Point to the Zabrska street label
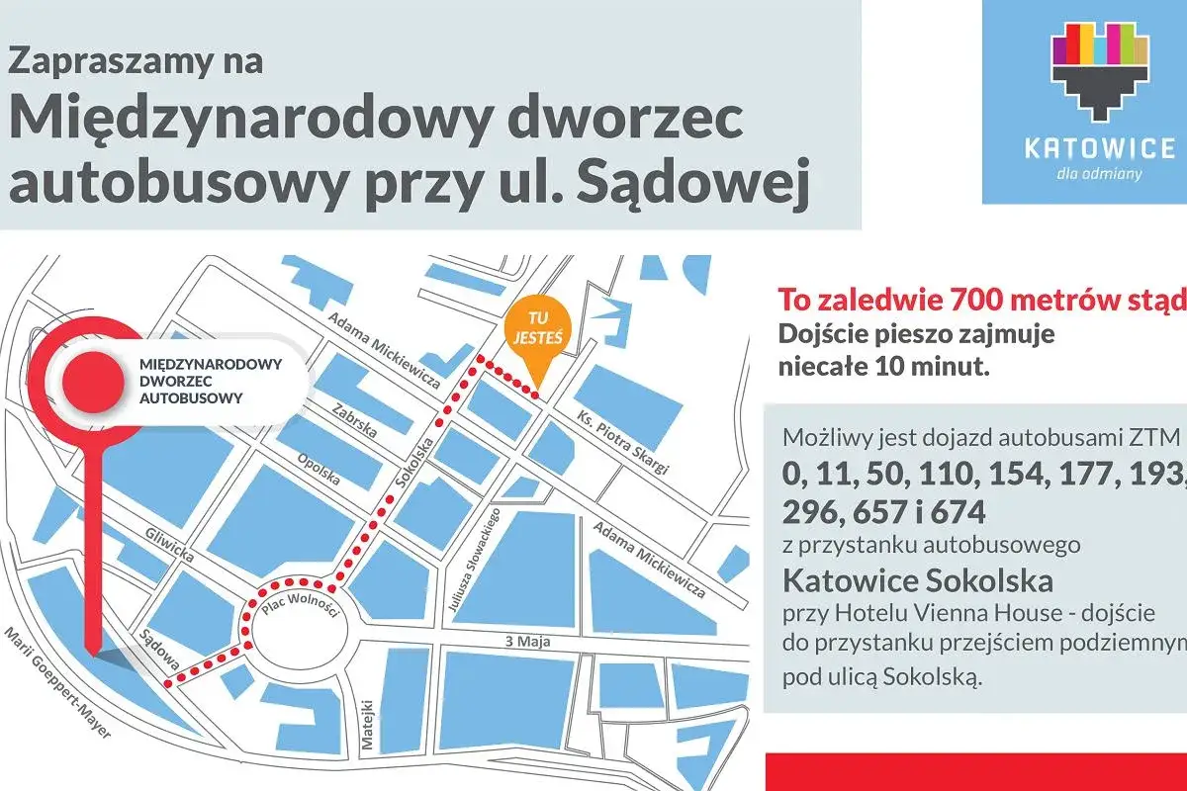click(x=352, y=423)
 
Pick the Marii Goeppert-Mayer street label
click(x=58, y=681)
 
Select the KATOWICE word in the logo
click(x=1099, y=149)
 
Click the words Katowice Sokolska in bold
click(x=917, y=578)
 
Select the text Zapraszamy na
click(x=136, y=61)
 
